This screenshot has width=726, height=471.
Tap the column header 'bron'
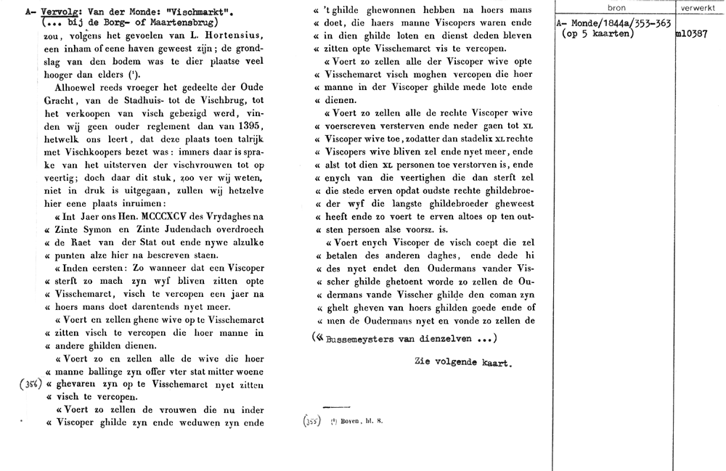[x=615, y=7]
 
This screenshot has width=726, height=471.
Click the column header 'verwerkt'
[x=698, y=7]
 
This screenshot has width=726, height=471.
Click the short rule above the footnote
[x=335, y=406]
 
